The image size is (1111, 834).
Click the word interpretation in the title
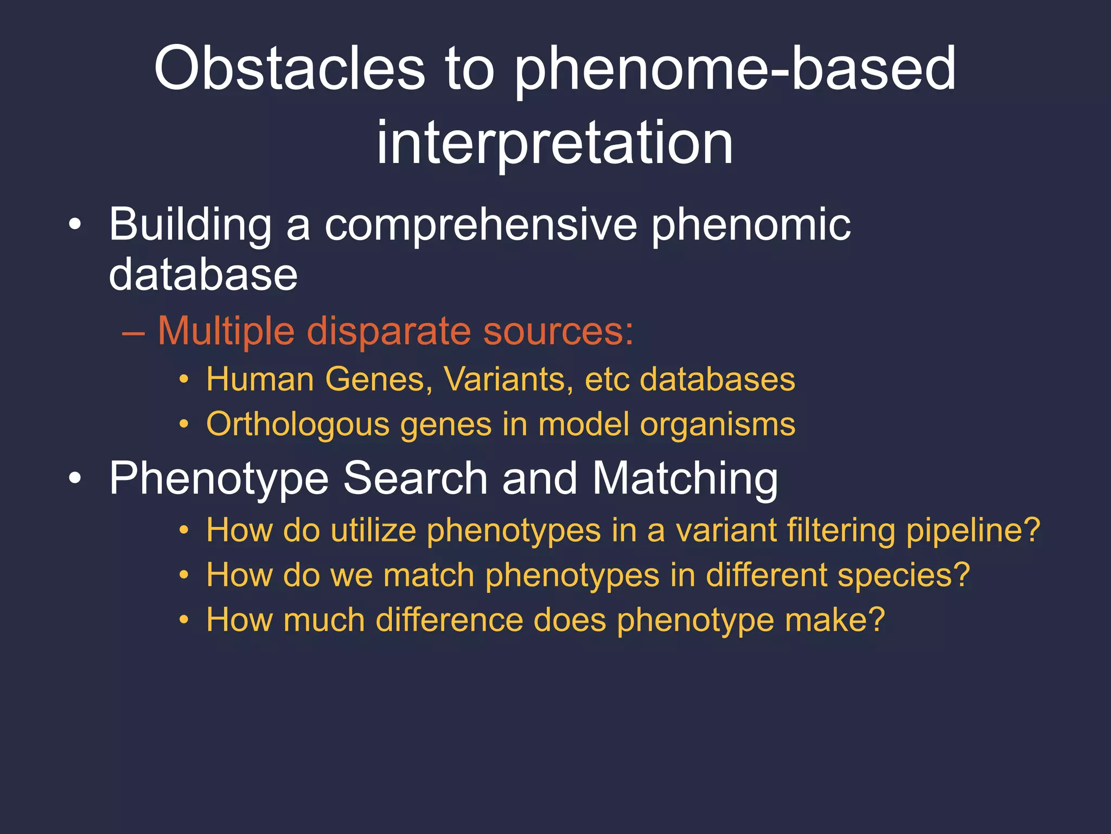coord(554,142)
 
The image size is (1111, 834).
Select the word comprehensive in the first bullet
coord(481,225)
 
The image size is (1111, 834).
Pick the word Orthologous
coord(298,425)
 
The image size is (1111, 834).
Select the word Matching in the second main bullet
coord(685,479)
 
